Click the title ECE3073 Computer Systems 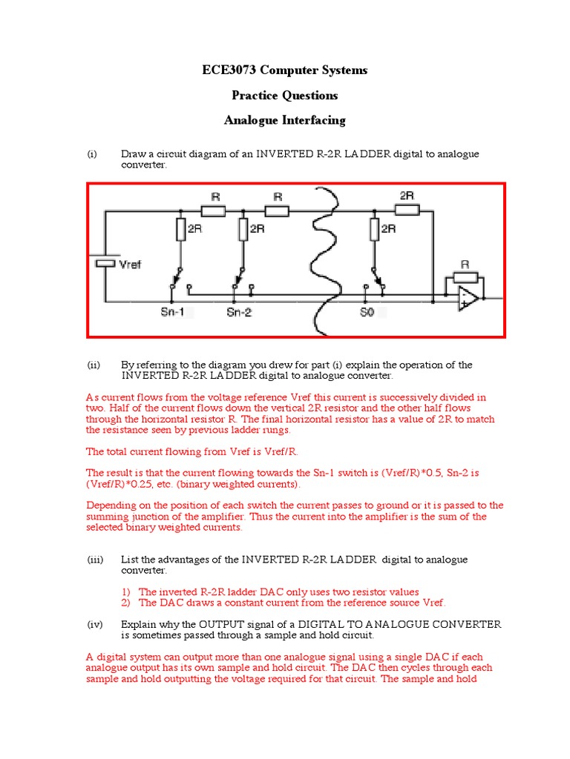[x=284, y=70]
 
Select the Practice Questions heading [x=284, y=96]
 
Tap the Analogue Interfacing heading [x=284, y=120]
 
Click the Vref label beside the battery [x=131, y=265]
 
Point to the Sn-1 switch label [x=172, y=313]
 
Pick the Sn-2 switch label [x=239, y=313]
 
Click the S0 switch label [x=367, y=313]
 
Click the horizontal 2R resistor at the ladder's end [x=407, y=210]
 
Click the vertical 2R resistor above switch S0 [x=373, y=231]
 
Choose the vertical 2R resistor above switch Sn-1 [x=179, y=231]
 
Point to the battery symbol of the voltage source [x=106, y=263]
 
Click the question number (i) [x=92, y=154]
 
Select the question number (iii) [x=94, y=560]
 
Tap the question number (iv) [x=94, y=624]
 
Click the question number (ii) [x=94, y=365]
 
